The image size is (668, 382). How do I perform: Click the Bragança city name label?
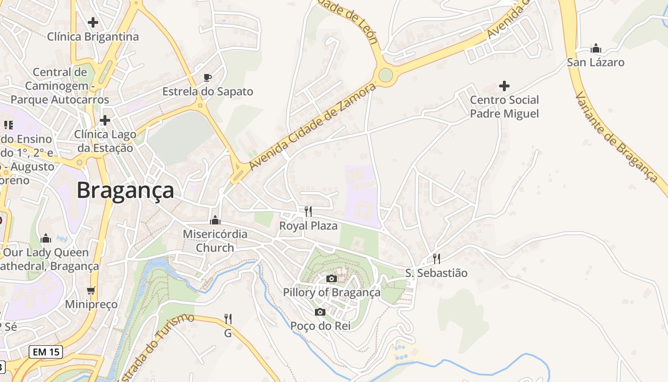coord(125,190)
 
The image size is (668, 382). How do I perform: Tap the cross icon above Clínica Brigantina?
coord(93,22)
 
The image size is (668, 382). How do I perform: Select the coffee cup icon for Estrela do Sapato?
coord(207,77)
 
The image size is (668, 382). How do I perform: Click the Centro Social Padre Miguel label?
coord(504,106)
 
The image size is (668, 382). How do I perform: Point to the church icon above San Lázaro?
coord(595,48)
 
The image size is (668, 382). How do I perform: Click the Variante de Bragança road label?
coord(615,137)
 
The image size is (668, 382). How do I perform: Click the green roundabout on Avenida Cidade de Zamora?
coord(386,75)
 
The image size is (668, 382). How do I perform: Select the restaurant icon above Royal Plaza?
coord(308,211)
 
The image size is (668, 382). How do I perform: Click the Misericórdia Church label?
coord(215,241)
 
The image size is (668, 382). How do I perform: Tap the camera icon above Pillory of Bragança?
coord(332,278)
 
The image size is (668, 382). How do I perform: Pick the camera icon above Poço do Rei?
coord(320,312)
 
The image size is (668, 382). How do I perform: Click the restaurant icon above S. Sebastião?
coord(436,259)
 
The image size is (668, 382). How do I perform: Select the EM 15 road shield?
coord(46,352)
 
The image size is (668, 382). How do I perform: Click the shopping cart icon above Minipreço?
coord(91,290)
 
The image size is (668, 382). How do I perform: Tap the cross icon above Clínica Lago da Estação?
coord(105,120)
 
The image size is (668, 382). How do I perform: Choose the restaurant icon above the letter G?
coord(228,318)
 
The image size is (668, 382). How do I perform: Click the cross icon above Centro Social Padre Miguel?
coord(504,86)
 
